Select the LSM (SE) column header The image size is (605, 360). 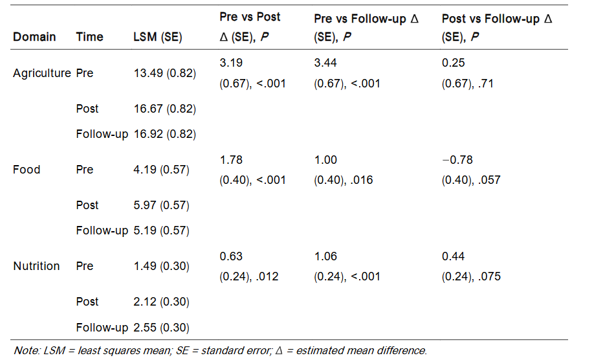pyautogui.click(x=157, y=37)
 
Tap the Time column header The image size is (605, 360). pyautogui.click(x=89, y=37)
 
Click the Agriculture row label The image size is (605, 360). pyautogui.click(x=41, y=73)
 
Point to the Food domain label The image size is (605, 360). pyautogui.click(x=27, y=170)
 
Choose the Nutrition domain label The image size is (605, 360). pyautogui.click(x=36, y=266)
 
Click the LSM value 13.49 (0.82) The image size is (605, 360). pyautogui.click(x=164, y=73)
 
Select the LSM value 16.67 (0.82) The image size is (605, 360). pyautogui.click(x=164, y=109)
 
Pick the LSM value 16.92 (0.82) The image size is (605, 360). pyautogui.click(x=164, y=134)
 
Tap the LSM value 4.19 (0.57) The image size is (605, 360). pyautogui.click(x=160, y=170)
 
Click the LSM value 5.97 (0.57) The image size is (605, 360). pyautogui.click(x=160, y=205)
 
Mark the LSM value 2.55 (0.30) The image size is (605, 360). pyautogui.click(x=160, y=327)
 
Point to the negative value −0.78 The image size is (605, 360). pyautogui.click(x=455, y=160)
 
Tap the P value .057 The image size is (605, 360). pyautogui.click(x=489, y=180)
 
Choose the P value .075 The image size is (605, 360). pyautogui.click(x=489, y=276)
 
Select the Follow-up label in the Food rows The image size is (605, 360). pyautogui.click(x=102, y=231)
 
